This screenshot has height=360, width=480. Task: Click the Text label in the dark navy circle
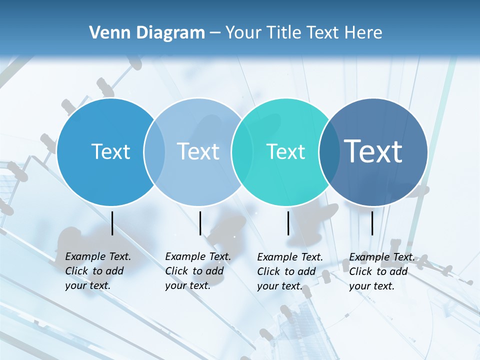(373, 151)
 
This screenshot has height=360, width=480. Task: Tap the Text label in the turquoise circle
(285, 151)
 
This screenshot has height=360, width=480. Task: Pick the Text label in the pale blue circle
(198, 151)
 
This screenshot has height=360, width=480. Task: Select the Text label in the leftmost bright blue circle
(110, 151)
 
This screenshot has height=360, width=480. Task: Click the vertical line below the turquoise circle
(288, 223)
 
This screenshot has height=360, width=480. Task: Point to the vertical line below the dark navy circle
(372, 223)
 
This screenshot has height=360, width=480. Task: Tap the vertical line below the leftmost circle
(112, 223)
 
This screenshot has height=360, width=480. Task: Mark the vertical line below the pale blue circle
(200, 223)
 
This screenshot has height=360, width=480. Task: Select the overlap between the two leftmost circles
(154, 152)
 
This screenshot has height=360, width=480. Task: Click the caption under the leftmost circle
(97, 271)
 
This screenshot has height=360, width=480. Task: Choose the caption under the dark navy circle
(381, 271)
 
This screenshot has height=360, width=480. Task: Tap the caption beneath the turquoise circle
(289, 271)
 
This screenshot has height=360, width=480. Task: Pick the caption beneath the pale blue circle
(197, 271)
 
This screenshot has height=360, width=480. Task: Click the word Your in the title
(243, 33)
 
